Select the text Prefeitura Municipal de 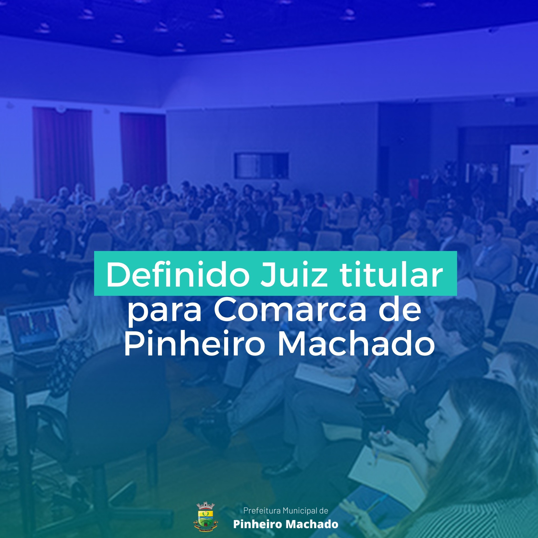(x=286, y=510)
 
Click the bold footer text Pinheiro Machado (x=286, y=524)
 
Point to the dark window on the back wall (x=261, y=165)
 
